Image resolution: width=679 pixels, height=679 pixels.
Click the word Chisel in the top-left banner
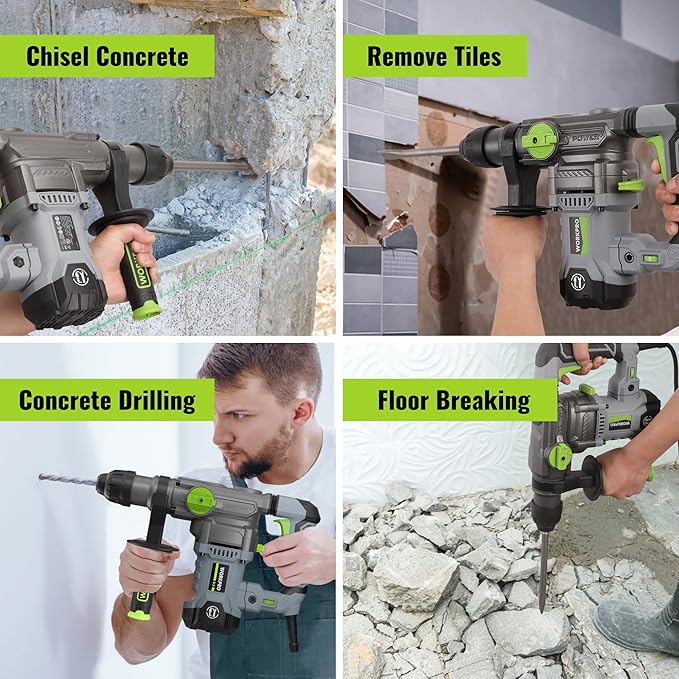(x=60, y=56)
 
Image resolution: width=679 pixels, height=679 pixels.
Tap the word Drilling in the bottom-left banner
(x=148, y=401)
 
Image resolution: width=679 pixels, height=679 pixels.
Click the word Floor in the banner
(x=402, y=401)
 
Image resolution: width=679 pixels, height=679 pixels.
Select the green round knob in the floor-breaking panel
(x=560, y=457)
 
